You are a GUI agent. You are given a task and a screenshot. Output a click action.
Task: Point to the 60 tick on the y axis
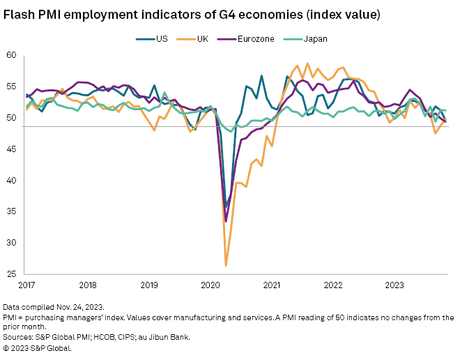click(11, 55)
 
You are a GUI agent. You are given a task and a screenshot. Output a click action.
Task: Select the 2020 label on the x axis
click(211, 285)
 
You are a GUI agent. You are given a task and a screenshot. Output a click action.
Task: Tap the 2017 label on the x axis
click(26, 285)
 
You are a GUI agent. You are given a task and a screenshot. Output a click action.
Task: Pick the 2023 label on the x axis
click(395, 285)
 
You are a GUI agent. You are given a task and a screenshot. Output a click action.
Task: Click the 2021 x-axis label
click(273, 285)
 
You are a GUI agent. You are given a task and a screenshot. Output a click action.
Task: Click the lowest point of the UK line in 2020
click(226, 265)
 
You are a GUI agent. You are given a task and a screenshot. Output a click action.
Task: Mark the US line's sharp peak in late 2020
click(261, 75)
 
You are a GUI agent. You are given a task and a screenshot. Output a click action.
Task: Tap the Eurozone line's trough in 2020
click(226, 221)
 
